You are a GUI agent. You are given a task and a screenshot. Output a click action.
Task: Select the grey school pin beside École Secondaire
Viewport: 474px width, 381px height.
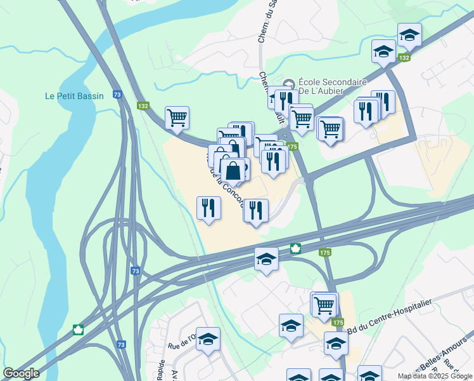coord(290,84)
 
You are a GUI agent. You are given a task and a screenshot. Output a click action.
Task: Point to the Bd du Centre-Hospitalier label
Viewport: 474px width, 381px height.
coord(390,314)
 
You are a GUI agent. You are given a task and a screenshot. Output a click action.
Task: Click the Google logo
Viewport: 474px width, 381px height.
coord(21,373)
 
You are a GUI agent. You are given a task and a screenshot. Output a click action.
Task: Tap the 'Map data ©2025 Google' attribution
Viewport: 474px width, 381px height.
coord(435,376)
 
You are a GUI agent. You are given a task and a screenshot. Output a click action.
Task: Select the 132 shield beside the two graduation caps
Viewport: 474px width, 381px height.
coord(403,58)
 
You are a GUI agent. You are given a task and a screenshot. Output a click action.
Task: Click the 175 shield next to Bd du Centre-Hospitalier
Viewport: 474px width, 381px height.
coord(338,323)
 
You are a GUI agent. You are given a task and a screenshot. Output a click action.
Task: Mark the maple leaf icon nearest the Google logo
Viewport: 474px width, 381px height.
coord(79,330)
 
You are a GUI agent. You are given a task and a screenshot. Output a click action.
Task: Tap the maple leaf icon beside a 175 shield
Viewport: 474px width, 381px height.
coord(295,248)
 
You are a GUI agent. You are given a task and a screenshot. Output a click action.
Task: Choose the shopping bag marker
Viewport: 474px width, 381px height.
coord(233,171)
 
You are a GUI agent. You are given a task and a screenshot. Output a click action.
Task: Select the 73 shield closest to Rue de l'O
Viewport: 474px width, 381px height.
coord(121,344)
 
